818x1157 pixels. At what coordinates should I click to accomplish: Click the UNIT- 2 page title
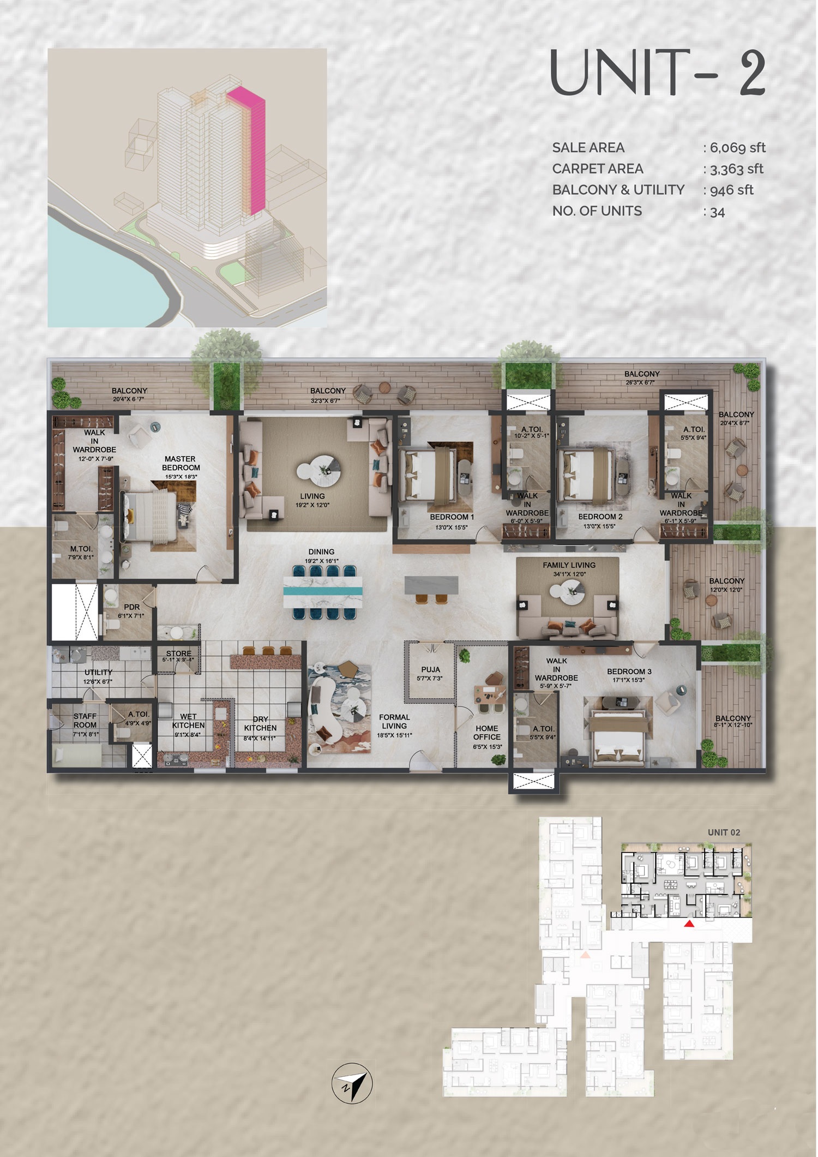pos(658,73)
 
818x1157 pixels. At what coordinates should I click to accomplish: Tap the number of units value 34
pos(718,212)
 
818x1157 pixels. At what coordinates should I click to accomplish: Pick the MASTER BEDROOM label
pos(181,463)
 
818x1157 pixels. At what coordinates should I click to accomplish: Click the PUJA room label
pos(430,669)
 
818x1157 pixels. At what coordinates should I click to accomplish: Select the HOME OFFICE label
pos(486,732)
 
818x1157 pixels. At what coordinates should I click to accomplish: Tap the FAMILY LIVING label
pos(569,565)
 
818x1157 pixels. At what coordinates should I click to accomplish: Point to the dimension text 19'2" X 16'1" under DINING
pos(321,561)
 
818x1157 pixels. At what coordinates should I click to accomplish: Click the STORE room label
pos(178,653)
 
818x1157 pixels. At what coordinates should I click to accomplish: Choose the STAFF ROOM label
pos(85,720)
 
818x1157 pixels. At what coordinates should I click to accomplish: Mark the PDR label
pos(131,607)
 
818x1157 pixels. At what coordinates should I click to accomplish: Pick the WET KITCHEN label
pos(188,721)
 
